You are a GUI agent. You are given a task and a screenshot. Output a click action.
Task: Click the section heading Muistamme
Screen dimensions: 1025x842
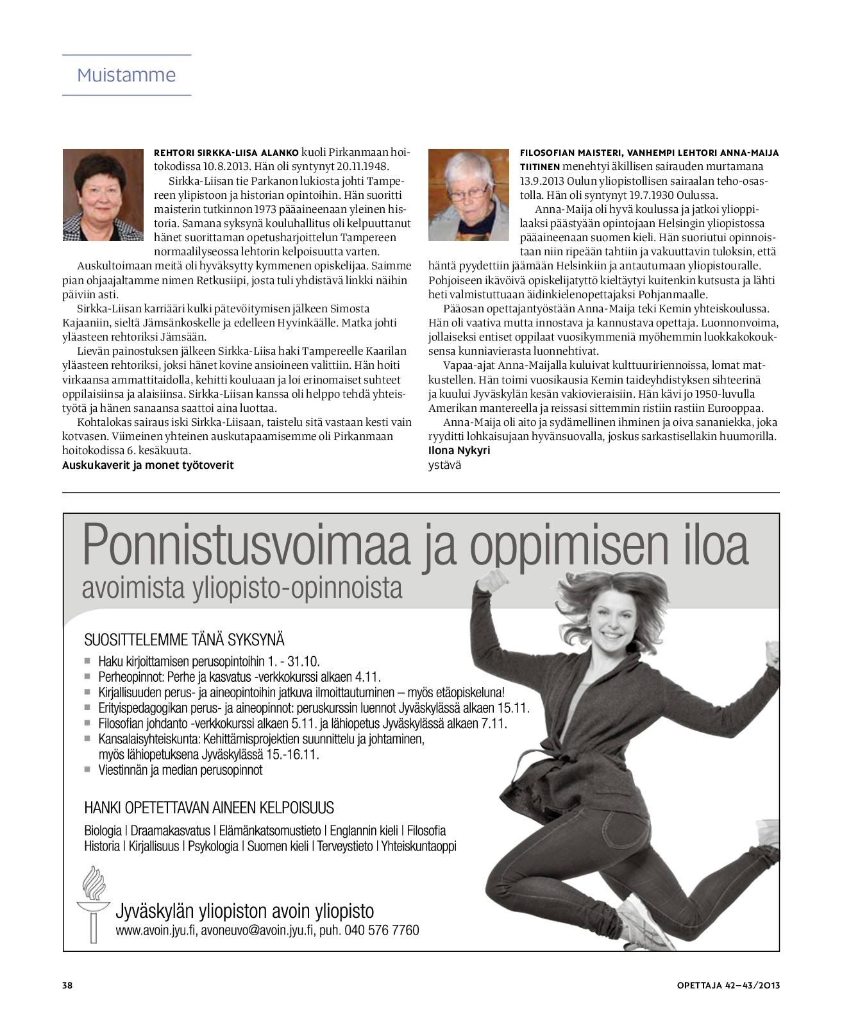pyautogui.click(x=126, y=75)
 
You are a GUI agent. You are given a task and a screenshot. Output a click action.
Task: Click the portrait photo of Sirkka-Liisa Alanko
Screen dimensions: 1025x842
pyautogui.click(x=103, y=195)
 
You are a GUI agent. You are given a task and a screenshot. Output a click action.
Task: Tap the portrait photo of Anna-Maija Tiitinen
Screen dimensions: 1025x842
pyautogui.click(x=468, y=195)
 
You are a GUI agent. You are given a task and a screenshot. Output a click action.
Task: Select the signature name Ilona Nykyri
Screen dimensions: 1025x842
pyautogui.click(x=459, y=450)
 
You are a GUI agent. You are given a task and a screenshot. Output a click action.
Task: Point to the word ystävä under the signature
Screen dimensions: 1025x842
pyautogui.click(x=444, y=465)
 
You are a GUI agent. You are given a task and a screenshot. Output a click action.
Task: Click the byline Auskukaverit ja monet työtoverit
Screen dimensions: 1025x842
pyautogui.click(x=147, y=465)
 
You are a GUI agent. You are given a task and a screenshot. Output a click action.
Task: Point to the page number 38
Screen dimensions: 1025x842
pyautogui.click(x=67, y=985)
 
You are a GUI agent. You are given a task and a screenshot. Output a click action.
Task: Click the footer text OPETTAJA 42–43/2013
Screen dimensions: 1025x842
pyautogui.click(x=728, y=985)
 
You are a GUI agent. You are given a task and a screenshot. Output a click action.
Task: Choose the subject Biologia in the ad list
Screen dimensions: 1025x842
pyautogui.click(x=103, y=831)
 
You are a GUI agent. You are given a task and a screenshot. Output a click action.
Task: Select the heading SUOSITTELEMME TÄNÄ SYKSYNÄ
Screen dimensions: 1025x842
pyautogui.click(x=184, y=640)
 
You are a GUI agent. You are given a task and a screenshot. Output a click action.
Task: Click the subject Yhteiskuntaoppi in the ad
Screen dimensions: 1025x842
pyautogui.click(x=419, y=846)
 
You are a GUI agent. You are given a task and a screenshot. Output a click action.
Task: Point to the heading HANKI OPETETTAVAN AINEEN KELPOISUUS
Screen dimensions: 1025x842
pyautogui.click(x=209, y=808)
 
